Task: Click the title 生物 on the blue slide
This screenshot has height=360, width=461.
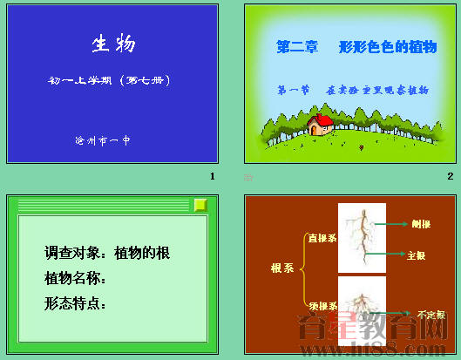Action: (113, 44)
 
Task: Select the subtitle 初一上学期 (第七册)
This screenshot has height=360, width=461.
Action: (113, 81)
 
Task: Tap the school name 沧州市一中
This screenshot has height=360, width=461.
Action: (103, 139)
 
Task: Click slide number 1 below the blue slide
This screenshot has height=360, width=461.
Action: (212, 176)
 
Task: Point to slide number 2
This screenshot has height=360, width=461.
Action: (450, 176)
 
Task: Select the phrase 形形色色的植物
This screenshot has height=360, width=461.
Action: (388, 48)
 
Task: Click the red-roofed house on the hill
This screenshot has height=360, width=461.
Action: (322, 126)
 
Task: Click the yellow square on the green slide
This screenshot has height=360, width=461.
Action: (200, 205)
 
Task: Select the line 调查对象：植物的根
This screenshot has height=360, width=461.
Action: (107, 254)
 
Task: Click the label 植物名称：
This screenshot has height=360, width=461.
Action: (76, 279)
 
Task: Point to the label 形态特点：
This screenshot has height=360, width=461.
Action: (76, 304)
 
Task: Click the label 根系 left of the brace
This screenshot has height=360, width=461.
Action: (281, 268)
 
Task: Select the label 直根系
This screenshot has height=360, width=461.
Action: (322, 237)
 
